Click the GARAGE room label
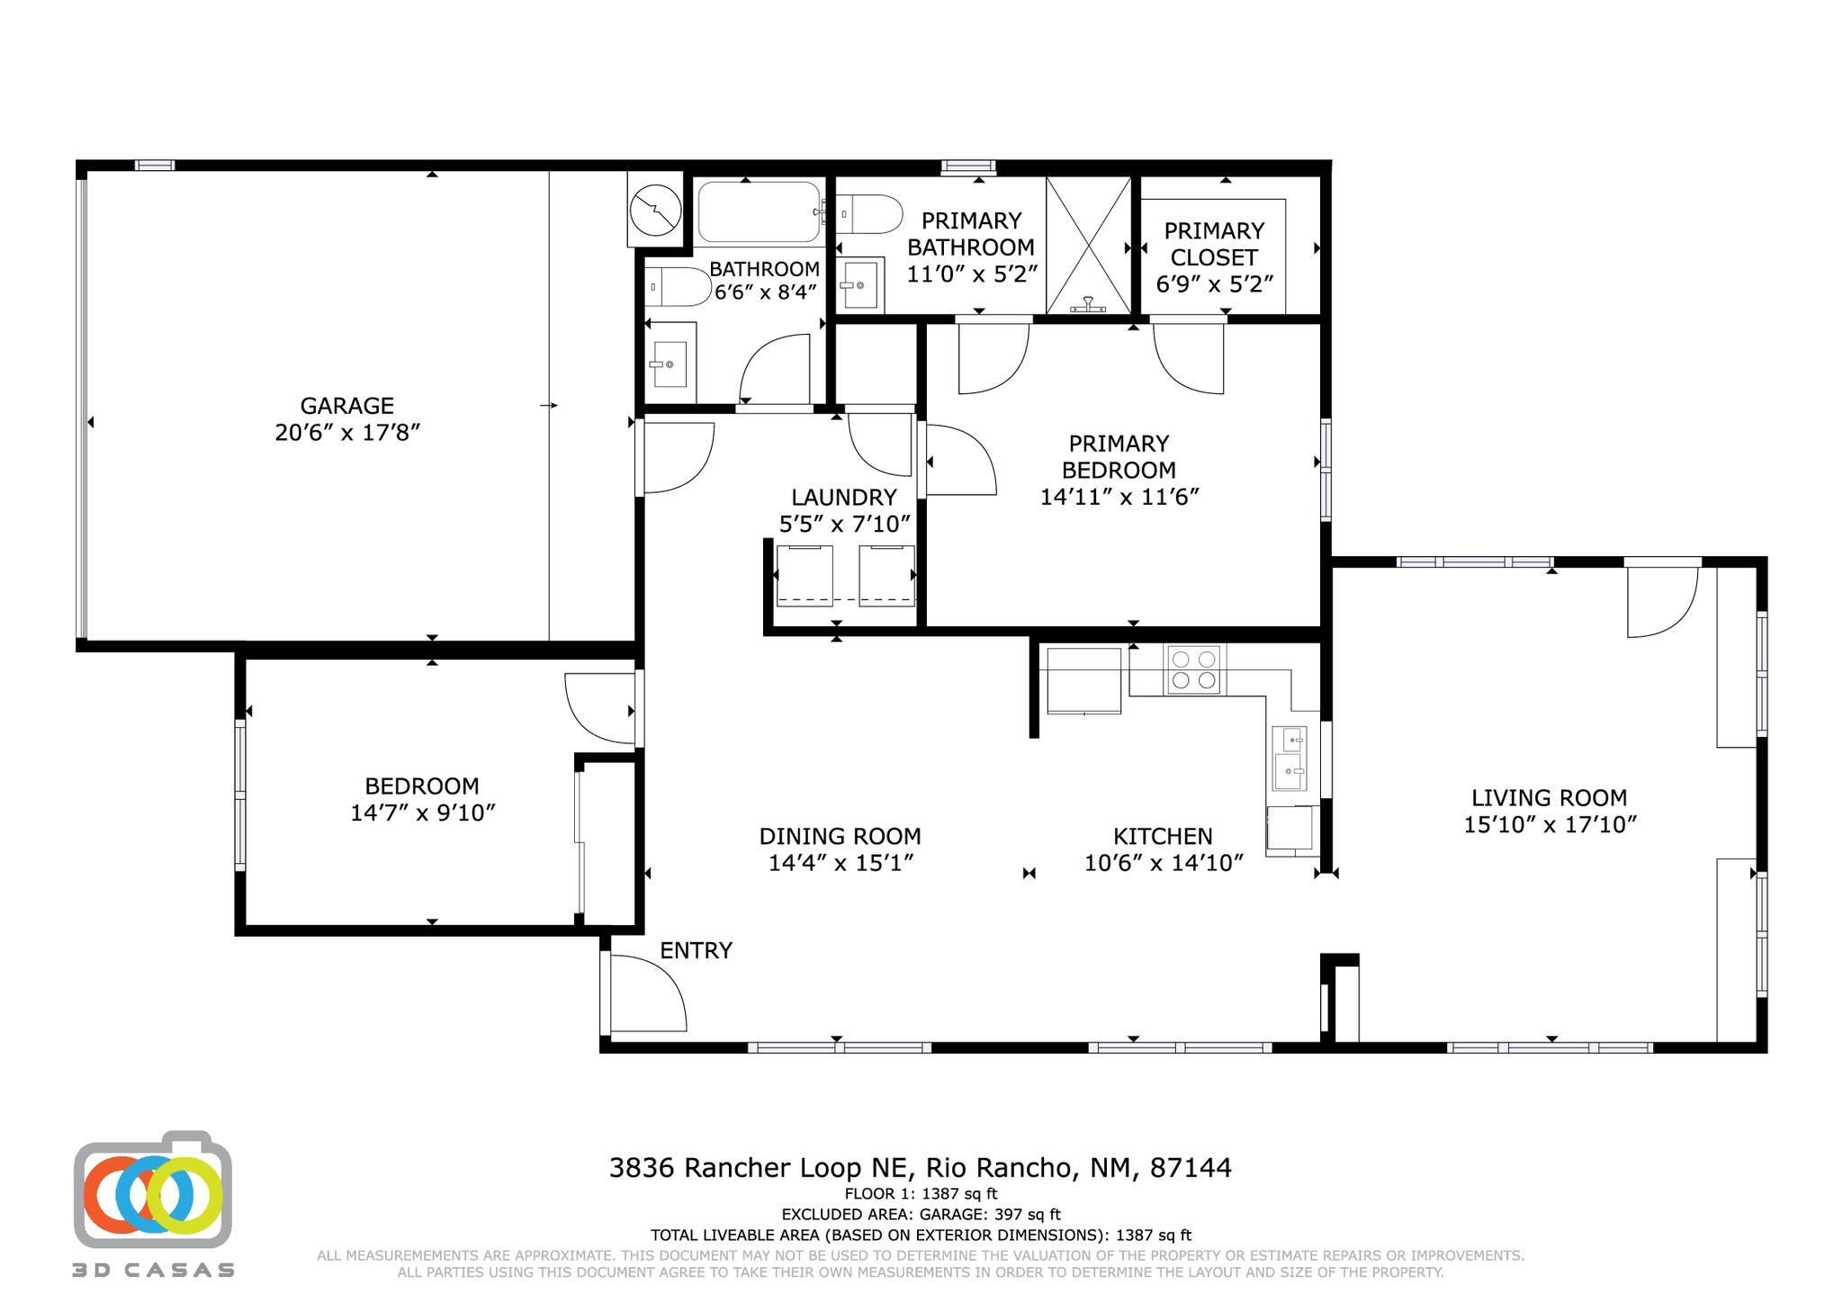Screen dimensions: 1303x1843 (x=346, y=406)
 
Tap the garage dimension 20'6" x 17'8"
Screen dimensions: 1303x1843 (x=347, y=433)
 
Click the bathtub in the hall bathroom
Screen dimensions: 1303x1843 (x=759, y=212)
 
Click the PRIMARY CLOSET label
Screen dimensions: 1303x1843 (x=1214, y=244)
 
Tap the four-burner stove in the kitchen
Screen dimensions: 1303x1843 (x=1193, y=669)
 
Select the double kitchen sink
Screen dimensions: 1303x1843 (x=1289, y=759)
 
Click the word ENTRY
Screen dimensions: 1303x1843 (x=696, y=950)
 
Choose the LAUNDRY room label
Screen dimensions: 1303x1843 (x=843, y=498)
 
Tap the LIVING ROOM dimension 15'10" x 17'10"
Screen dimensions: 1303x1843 (x=1549, y=824)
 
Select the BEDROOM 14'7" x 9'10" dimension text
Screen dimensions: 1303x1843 (x=423, y=813)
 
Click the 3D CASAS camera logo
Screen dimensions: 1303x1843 (x=153, y=1193)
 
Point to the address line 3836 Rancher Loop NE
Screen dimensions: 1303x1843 (x=920, y=1168)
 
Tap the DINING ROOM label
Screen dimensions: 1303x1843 (x=840, y=836)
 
